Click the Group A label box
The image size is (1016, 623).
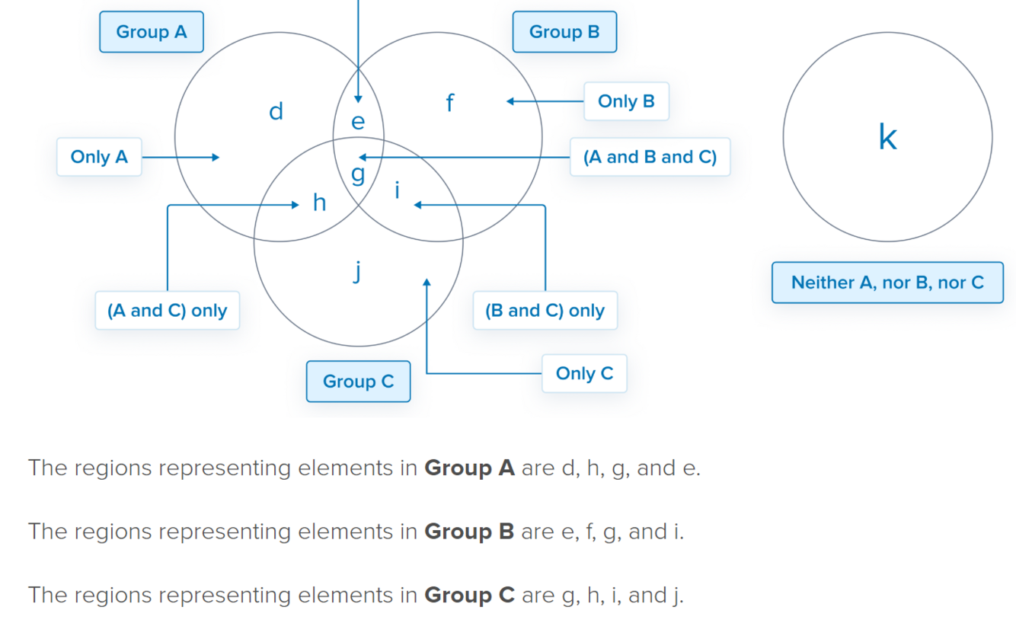pyautogui.click(x=152, y=32)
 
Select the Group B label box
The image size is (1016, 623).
pyautogui.click(x=564, y=32)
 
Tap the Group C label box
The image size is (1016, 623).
pyautogui.click(x=358, y=382)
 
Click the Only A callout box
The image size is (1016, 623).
pyautogui.click(x=99, y=157)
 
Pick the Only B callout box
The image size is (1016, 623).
pyautogui.click(x=626, y=101)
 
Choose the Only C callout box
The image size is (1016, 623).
pyautogui.click(x=584, y=373)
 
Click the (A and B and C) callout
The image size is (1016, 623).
pyautogui.click(x=650, y=157)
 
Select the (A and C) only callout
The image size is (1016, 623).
pyautogui.click(x=167, y=311)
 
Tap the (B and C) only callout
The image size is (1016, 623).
pyautogui.click(x=545, y=311)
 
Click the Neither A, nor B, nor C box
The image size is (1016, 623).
pyautogui.click(x=887, y=283)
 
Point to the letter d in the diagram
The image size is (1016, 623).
pyautogui.click(x=276, y=112)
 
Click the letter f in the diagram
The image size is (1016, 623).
pyautogui.click(x=450, y=102)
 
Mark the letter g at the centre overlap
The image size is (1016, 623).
pyautogui.click(x=357, y=174)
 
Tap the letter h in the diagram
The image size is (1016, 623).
pyautogui.click(x=320, y=203)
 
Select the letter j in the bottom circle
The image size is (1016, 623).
pyautogui.click(x=357, y=270)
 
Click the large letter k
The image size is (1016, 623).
pyautogui.click(x=887, y=138)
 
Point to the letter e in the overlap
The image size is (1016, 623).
pyautogui.click(x=357, y=122)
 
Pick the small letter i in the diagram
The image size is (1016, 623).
pyautogui.click(x=397, y=190)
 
